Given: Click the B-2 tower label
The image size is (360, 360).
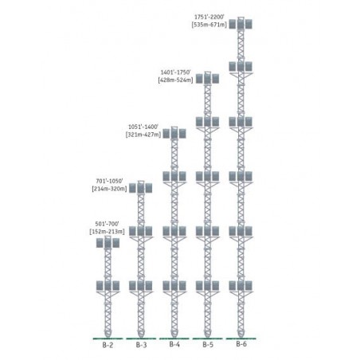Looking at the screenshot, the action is [x=108, y=345].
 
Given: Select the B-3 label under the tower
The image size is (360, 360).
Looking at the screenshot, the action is [x=141, y=345].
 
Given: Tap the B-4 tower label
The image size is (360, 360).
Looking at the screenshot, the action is [x=174, y=344].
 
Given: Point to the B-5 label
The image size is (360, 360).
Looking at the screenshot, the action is [x=208, y=345].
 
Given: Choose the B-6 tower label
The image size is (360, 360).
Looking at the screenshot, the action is [x=241, y=344].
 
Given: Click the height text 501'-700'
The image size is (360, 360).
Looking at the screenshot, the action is [x=107, y=224].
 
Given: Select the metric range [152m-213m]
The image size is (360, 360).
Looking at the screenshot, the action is [x=107, y=232].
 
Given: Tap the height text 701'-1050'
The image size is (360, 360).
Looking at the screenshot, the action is [x=109, y=181].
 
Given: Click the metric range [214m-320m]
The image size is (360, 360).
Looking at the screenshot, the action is [x=109, y=189].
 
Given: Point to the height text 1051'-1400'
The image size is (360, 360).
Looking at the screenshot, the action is [x=143, y=127].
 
